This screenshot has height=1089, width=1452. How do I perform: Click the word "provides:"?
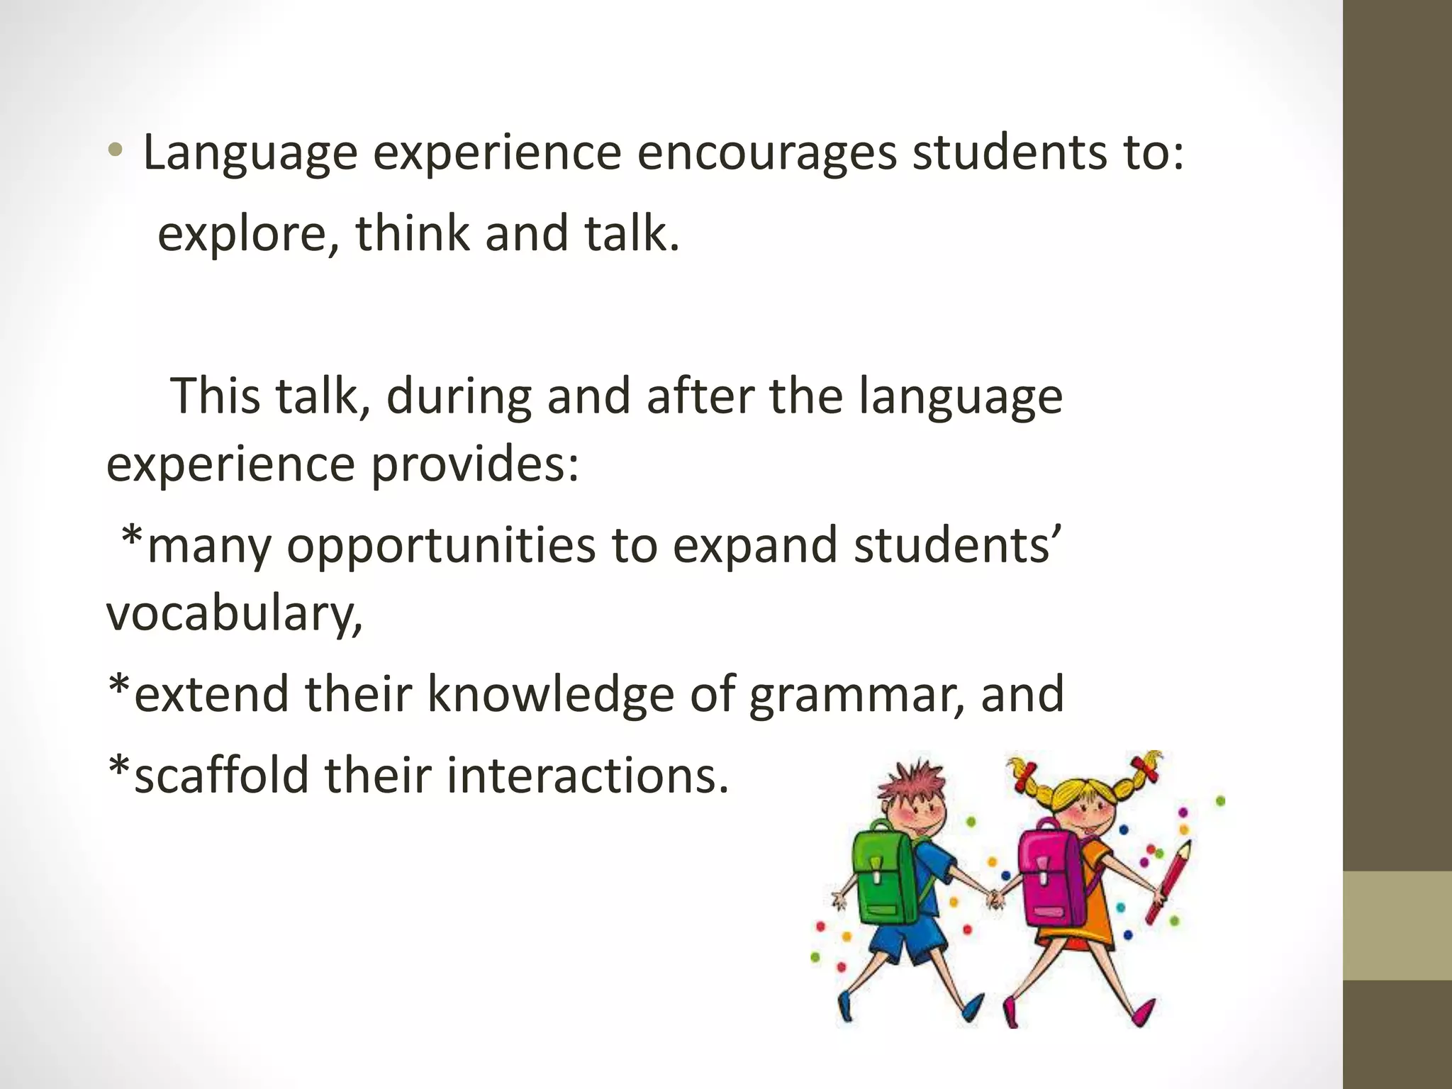(x=475, y=464)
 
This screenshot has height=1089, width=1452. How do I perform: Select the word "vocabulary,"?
(x=234, y=613)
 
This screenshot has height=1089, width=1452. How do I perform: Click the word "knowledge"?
(x=550, y=693)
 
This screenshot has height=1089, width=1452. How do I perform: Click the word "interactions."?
(x=588, y=775)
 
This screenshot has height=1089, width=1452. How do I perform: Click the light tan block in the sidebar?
(x=1397, y=925)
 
